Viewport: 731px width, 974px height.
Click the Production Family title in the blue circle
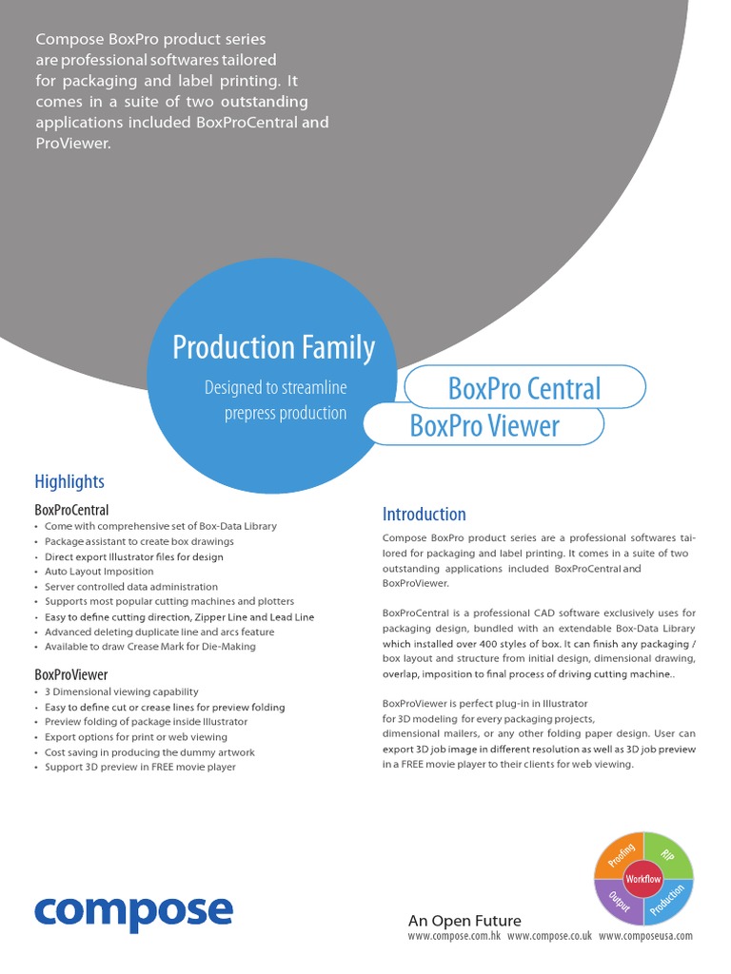pos(273,348)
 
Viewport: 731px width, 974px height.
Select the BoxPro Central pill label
pos(524,388)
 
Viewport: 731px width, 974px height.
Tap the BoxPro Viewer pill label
pos(484,426)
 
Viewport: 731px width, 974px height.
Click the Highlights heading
pos(69,481)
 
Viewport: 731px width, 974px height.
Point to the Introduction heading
pos(424,515)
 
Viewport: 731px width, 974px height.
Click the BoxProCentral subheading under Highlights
pos(71,510)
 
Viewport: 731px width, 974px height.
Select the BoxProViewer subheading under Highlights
pos(70,675)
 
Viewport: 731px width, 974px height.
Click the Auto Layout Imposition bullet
pos(99,572)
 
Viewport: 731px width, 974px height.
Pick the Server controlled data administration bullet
pos(131,587)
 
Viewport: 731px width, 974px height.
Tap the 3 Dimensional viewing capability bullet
pos(121,692)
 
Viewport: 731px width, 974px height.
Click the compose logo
pos(133,911)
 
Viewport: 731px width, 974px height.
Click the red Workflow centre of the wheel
pos(643,879)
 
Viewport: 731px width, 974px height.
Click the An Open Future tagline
pos(464,920)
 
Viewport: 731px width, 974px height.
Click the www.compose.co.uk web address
pos(549,936)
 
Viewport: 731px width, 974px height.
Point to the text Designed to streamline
pos(275,388)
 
